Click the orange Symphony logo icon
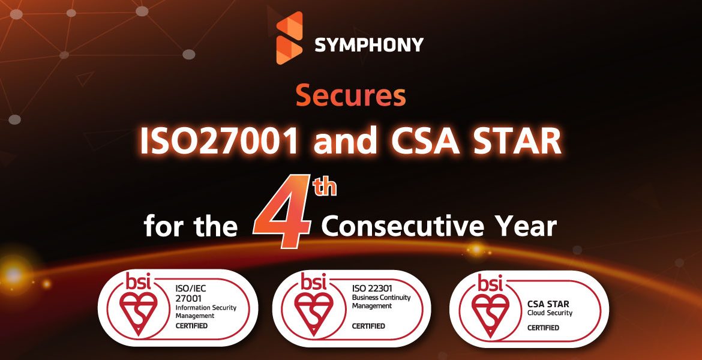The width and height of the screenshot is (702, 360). click(289, 38)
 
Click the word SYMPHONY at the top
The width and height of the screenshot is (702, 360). click(370, 45)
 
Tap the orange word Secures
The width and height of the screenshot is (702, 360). click(351, 96)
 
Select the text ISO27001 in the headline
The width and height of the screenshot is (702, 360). click(219, 142)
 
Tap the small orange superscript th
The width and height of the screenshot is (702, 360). click(325, 187)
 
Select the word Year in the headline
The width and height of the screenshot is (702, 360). click(525, 226)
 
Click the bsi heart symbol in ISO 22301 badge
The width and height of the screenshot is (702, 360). click(313, 313)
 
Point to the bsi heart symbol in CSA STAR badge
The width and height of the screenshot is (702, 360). click(490, 315)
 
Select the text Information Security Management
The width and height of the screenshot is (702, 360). click(206, 311)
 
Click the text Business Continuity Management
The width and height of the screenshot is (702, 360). click(381, 301)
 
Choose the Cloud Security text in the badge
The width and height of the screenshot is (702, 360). click(550, 313)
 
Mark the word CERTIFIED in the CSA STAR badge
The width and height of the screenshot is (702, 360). click(543, 328)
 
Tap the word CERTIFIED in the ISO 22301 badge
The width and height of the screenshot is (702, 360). click(368, 326)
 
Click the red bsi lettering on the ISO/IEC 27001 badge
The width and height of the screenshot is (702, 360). click(138, 282)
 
